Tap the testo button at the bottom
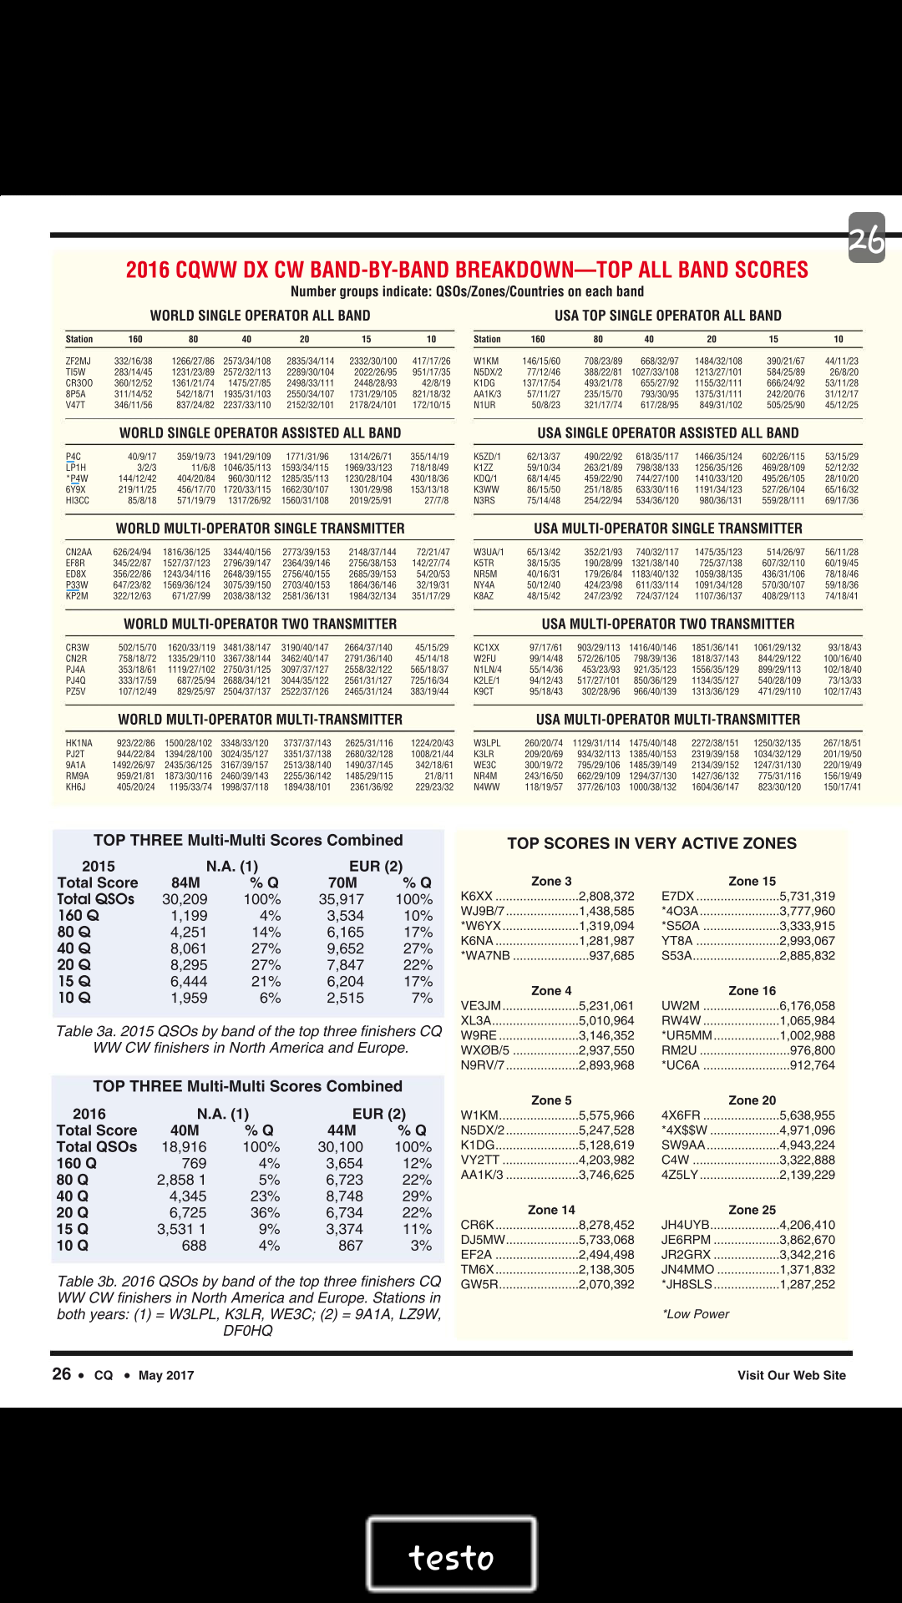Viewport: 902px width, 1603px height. [x=451, y=1558]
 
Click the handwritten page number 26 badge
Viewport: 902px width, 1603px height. [x=866, y=239]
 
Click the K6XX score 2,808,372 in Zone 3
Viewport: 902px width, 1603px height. [x=606, y=896]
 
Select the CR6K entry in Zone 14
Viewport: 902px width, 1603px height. [x=478, y=1225]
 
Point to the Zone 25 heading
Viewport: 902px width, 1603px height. [x=752, y=1210]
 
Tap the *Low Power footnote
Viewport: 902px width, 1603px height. [x=696, y=1314]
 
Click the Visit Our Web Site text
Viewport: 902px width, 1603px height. [x=791, y=1375]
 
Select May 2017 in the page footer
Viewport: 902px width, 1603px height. [x=166, y=1375]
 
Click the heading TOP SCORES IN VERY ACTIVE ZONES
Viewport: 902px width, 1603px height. [x=651, y=843]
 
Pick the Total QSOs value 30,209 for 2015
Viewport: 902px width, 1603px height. [x=185, y=899]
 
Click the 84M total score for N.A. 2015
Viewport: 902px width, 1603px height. [x=185, y=882]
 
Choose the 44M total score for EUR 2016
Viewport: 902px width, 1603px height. [x=342, y=1130]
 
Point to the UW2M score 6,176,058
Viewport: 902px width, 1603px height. [x=807, y=1006]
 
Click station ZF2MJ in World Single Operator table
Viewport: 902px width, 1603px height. [x=79, y=362]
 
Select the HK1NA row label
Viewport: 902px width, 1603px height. [x=79, y=743]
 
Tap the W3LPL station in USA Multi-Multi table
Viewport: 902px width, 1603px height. [x=487, y=743]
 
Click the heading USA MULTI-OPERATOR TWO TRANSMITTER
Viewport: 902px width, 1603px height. [x=668, y=624]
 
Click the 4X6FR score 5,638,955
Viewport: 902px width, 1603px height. [x=807, y=1115]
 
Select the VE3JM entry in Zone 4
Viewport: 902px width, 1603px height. [x=481, y=1006]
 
